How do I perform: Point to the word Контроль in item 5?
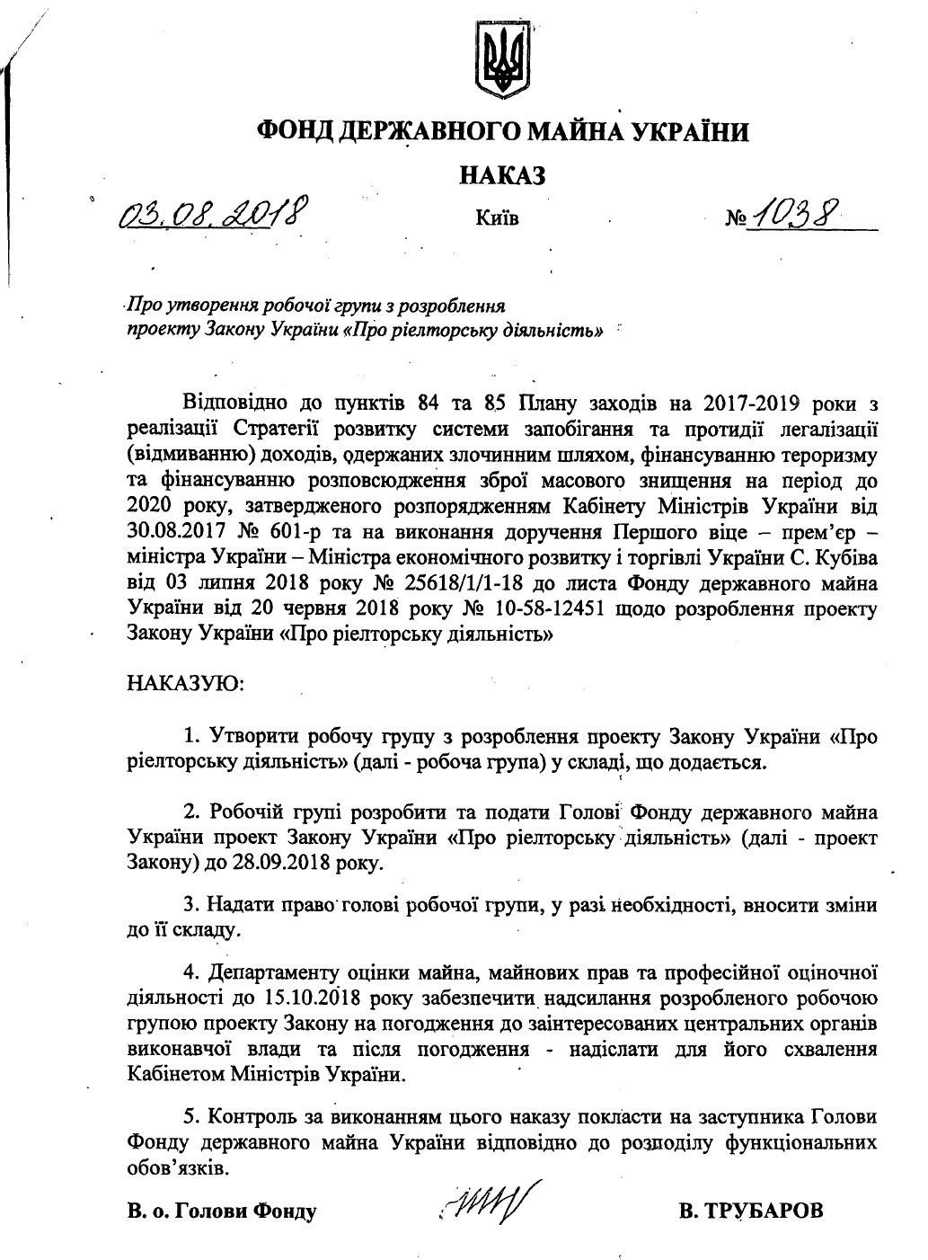(x=259, y=1118)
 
